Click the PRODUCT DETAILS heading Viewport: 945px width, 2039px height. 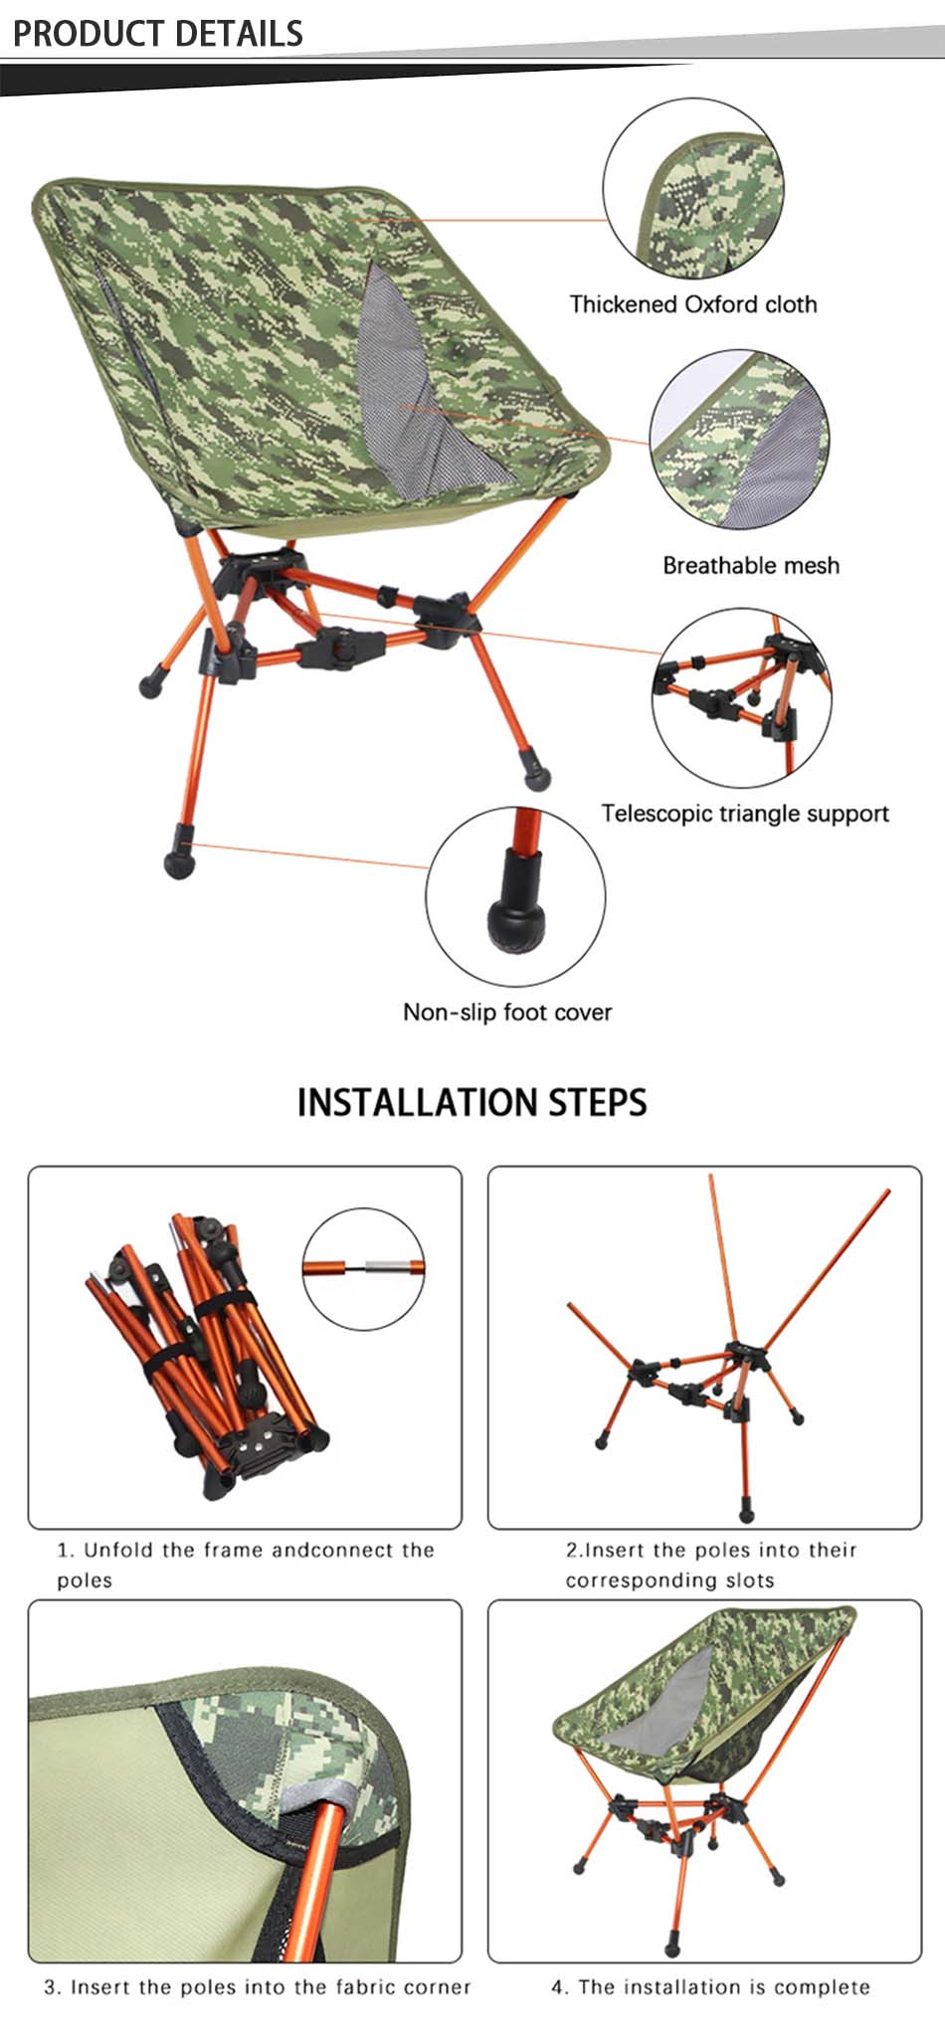coord(157,33)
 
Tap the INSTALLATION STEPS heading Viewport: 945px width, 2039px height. coord(472,1102)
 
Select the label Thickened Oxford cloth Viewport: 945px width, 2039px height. coord(692,304)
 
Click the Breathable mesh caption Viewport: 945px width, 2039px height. coord(751,565)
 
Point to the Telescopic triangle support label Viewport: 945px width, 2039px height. coord(744,814)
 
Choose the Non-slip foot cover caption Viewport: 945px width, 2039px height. coord(507,1013)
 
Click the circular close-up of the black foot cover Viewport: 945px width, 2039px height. coord(515,896)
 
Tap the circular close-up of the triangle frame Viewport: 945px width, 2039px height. coord(742,698)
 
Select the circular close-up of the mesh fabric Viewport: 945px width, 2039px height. coord(739,439)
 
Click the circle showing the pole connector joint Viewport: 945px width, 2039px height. coord(363,1268)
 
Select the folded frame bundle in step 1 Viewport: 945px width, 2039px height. coord(204,1355)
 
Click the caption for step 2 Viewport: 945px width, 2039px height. coord(710,1565)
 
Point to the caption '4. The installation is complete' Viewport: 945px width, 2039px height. coord(710,1987)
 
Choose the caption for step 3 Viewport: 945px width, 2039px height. coord(257,1987)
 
